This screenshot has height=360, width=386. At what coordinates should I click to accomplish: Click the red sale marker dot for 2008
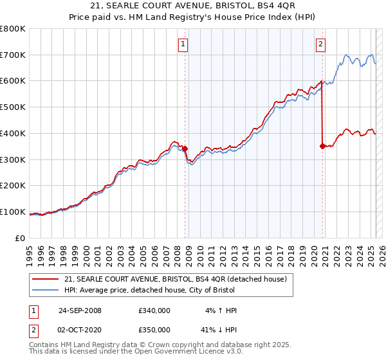[x=185, y=148]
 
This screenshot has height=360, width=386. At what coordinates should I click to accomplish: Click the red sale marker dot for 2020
[x=322, y=146]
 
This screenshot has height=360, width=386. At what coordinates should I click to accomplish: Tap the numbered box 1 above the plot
[x=183, y=44]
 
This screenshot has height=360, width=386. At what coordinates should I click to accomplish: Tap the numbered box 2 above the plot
[x=320, y=44]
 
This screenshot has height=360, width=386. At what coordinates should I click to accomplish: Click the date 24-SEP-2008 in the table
[x=80, y=310]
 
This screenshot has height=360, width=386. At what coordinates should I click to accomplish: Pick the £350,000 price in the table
[x=154, y=330]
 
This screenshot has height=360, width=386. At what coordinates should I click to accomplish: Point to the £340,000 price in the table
[x=154, y=310]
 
